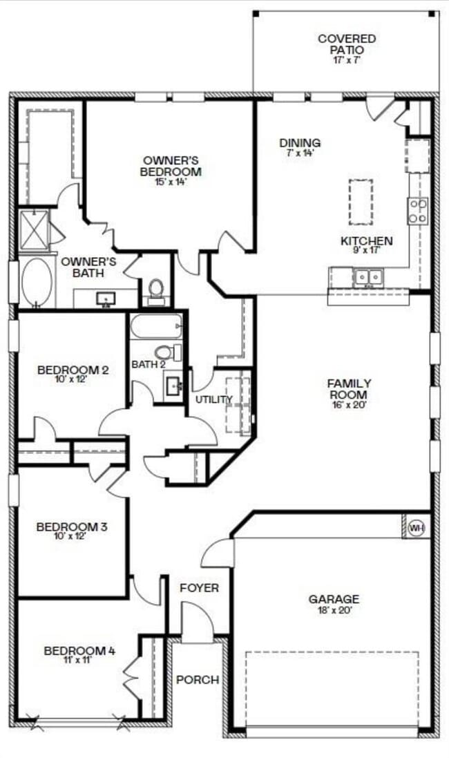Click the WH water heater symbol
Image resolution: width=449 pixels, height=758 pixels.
tap(416, 528)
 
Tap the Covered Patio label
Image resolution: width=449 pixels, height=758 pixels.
tap(347, 44)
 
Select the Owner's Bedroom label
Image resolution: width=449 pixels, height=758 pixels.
tap(171, 166)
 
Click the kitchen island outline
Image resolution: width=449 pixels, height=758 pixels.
tap(361, 202)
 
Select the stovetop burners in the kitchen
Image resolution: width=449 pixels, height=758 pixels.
tap(417, 211)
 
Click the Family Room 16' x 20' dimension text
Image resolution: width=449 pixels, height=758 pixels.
tap(349, 405)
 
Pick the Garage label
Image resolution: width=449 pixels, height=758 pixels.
tap(334, 599)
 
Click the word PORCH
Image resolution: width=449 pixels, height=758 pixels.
tap(198, 680)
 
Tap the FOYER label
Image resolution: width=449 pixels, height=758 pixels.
tap(199, 588)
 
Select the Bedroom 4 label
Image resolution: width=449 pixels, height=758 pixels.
tap(79, 650)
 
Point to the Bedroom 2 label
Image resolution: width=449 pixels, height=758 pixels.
tap(73, 370)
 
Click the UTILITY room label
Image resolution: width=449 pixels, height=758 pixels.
tap(213, 399)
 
